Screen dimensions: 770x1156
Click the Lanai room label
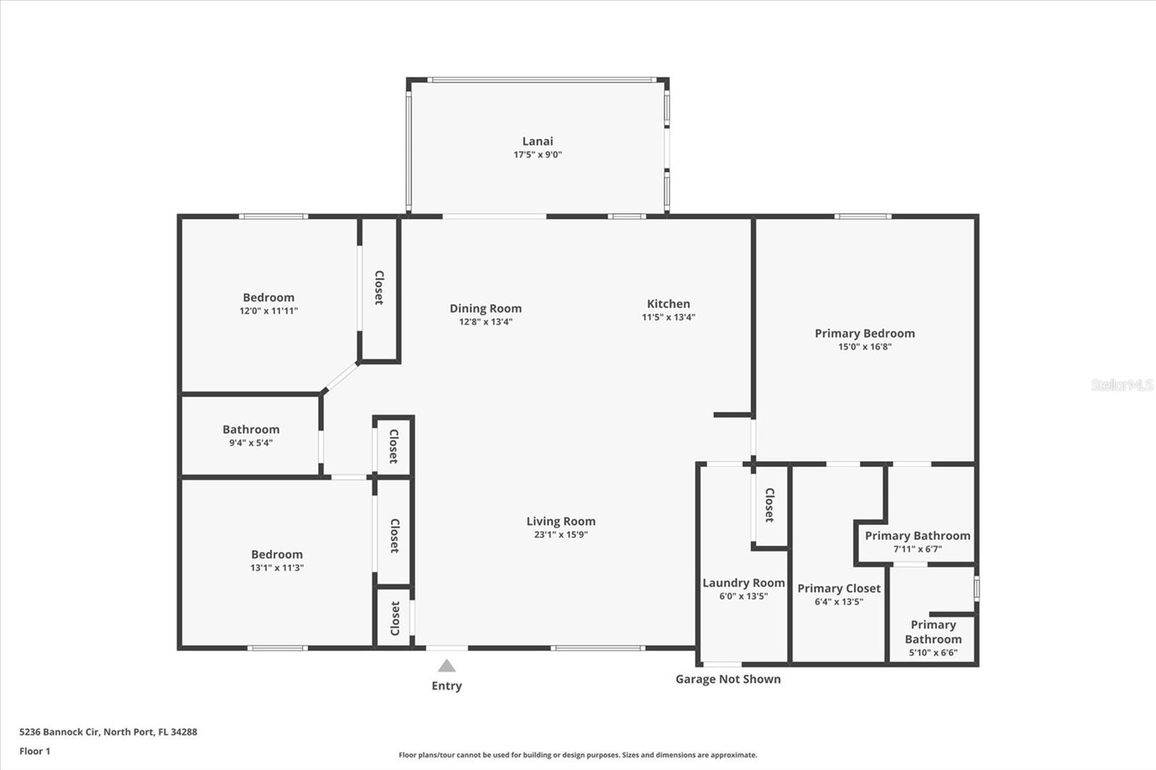pyautogui.click(x=538, y=142)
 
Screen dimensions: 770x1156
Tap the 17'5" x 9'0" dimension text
pyautogui.click(x=538, y=155)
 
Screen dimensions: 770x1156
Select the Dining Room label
pyautogui.click(x=486, y=308)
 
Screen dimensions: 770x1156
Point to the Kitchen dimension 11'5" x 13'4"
pyautogui.click(x=668, y=317)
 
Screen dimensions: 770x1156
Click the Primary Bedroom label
pyautogui.click(x=865, y=333)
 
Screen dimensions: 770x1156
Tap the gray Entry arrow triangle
pyautogui.click(x=447, y=666)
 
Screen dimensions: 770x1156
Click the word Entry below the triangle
pyautogui.click(x=447, y=686)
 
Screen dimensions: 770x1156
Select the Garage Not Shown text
pyautogui.click(x=728, y=679)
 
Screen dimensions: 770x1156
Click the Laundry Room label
pyautogui.click(x=743, y=583)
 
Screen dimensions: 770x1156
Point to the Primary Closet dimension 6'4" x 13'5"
pyautogui.click(x=839, y=602)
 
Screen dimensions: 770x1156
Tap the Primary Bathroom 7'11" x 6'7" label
pyautogui.click(x=918, y=536)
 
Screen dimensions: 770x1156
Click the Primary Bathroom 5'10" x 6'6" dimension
pyautogui.click(x=933, y=653)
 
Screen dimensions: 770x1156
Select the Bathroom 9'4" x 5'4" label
pyautogui.click(x=251, y=430)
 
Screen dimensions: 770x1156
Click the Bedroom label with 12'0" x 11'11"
pyautogui.click(x=269, y=298)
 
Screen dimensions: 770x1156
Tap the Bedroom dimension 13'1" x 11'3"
pyautogui.click(x=277, y=568)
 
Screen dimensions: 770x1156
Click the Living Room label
pyautogui.click(x=561, y=522)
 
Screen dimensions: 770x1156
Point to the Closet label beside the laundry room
pyautogui.click(x=769, y=505)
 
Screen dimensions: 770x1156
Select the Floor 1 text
pyautogui.click(x=35, y=751)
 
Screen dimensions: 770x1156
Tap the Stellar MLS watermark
pyautogui.click(x=1121, y=385)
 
